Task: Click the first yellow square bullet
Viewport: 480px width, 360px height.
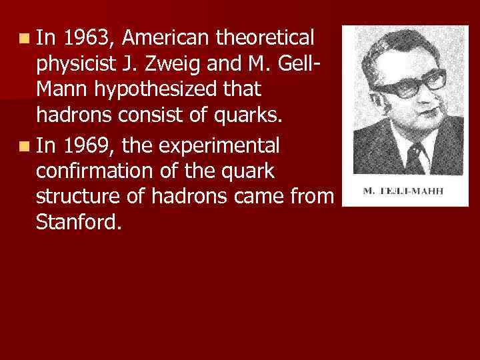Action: point(25,37)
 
